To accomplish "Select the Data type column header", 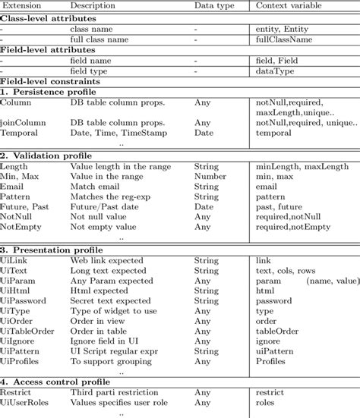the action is point(213,6).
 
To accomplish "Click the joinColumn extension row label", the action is point(21,122).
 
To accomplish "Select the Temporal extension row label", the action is point(21,132).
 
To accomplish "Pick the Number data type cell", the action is point(210,175).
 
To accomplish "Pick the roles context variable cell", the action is point(267,404).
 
